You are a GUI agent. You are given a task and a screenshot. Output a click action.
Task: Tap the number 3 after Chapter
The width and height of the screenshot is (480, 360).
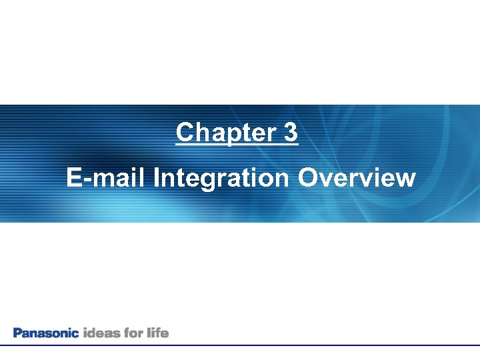pos(290,133)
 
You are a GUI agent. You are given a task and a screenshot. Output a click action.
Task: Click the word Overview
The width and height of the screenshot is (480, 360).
pos(357,178)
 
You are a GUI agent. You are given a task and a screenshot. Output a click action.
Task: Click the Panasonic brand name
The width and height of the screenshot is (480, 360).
pos(46,332)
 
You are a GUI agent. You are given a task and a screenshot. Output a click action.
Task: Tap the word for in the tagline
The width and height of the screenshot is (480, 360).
pos(133,332)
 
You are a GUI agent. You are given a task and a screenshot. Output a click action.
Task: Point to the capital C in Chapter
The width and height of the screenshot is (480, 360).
pos(184,133)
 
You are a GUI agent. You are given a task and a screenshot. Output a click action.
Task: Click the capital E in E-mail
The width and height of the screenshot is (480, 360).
pos(74,178)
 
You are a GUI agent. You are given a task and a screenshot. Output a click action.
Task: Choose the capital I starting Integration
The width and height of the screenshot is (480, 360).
pos(157,178)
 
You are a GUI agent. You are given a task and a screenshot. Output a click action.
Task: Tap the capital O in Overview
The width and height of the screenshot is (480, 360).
pos(308,178)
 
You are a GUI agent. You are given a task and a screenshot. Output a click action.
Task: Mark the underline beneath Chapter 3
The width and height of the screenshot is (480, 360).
pos(237,144)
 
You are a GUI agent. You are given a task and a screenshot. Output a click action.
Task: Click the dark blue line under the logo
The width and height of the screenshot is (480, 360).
pos(240,345)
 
